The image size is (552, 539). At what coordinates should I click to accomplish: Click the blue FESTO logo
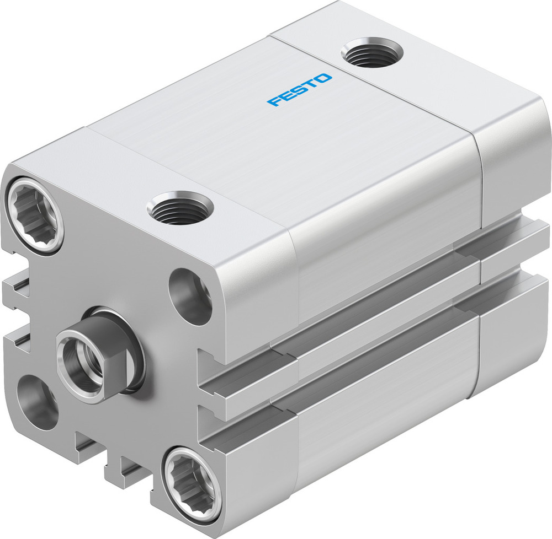coord(300,89)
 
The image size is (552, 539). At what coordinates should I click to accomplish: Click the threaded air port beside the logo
coord(371,52)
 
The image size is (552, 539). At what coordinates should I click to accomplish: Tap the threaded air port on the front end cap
coord(180,208)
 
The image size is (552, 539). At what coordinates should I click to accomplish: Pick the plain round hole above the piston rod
coord(190,295)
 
